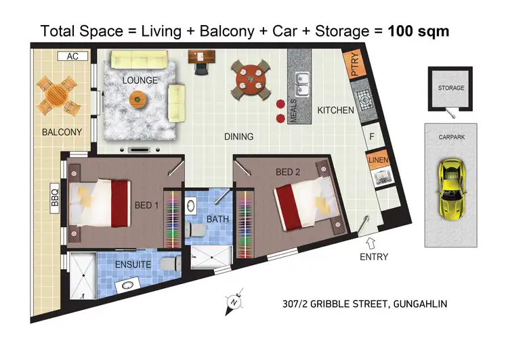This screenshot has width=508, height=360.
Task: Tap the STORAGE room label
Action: pos(450,88)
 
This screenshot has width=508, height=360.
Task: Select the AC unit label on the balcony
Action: pos(72,57)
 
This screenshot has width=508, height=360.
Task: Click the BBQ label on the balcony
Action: pos(55,196)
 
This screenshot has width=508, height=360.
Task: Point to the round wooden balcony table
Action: pos(56,96)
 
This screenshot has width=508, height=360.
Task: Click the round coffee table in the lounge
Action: pos(138,100)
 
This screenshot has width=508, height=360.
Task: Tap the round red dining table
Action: pos(250,81)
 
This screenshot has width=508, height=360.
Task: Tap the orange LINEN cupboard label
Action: pos(377,160)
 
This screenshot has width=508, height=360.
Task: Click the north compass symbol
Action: pos(232,301)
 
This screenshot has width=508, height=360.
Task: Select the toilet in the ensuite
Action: pos(169,263)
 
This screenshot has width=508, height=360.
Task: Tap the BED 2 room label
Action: pos(288,172)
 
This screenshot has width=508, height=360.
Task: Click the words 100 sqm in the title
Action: pos(418,31)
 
